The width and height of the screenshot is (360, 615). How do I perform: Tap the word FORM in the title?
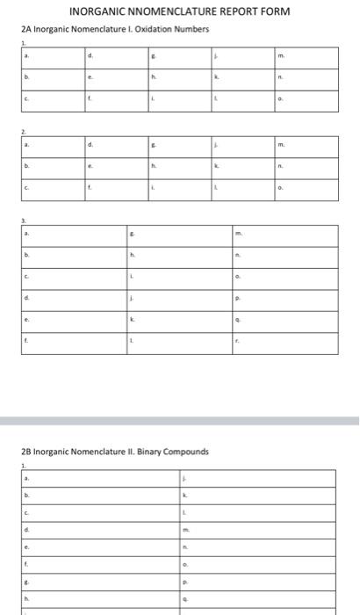(272, 11)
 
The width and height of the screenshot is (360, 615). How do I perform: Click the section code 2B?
(25, 452)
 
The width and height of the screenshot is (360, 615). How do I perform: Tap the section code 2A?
(25, 29)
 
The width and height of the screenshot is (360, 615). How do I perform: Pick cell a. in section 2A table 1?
(51, 57)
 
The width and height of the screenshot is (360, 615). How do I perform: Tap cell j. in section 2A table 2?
(241, 146)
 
